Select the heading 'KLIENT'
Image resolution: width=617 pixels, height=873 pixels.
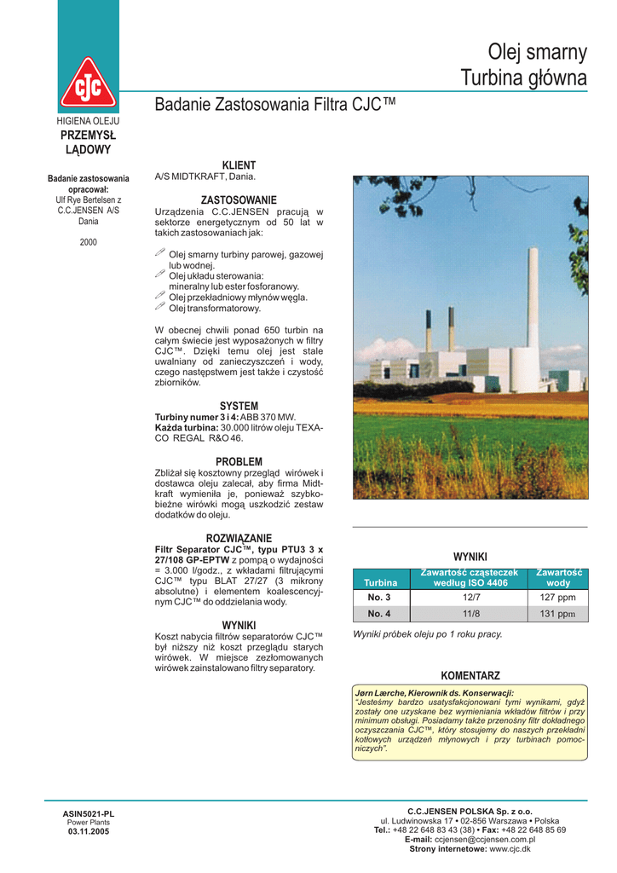pyautogui.click(x=239, y=165)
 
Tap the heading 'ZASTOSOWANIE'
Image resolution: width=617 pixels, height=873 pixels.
pyautogui.click(x=239, y=199)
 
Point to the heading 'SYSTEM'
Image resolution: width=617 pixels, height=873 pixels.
pyautogui.click(x=239, y=406)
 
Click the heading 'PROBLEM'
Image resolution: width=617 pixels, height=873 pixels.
pyautogui.click(x=239, y=461)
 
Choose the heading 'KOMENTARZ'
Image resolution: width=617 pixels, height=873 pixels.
pyautogui.click(x=470, y=675)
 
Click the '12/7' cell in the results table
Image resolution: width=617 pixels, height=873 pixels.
pyautogui.click(x=470, y=597)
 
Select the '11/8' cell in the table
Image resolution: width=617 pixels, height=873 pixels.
pyautogui.click(x=470, y=613)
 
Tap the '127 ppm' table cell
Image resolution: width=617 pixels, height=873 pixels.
pyautogui.click(x=558, y=597)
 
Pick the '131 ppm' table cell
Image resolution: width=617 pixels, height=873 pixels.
pyautogui.click(x=558, y=613)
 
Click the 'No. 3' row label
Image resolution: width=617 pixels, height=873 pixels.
pyautogui.click(x=379, y=597)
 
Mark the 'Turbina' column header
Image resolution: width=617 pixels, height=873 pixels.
pyautogui.click(x=380, y=582)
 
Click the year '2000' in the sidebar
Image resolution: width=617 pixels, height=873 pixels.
pyautogui.click(x=89, y=242)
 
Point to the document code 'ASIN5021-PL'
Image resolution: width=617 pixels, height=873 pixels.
pyautogui.click(x=89, y=813)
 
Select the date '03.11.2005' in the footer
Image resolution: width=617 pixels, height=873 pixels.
pyautogui.click(x=89, y=831)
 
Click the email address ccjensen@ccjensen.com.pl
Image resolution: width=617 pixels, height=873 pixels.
pyautogui.click(x=484, y=839)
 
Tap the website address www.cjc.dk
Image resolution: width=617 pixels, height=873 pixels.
pyautogui.click(x=510, y=848)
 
